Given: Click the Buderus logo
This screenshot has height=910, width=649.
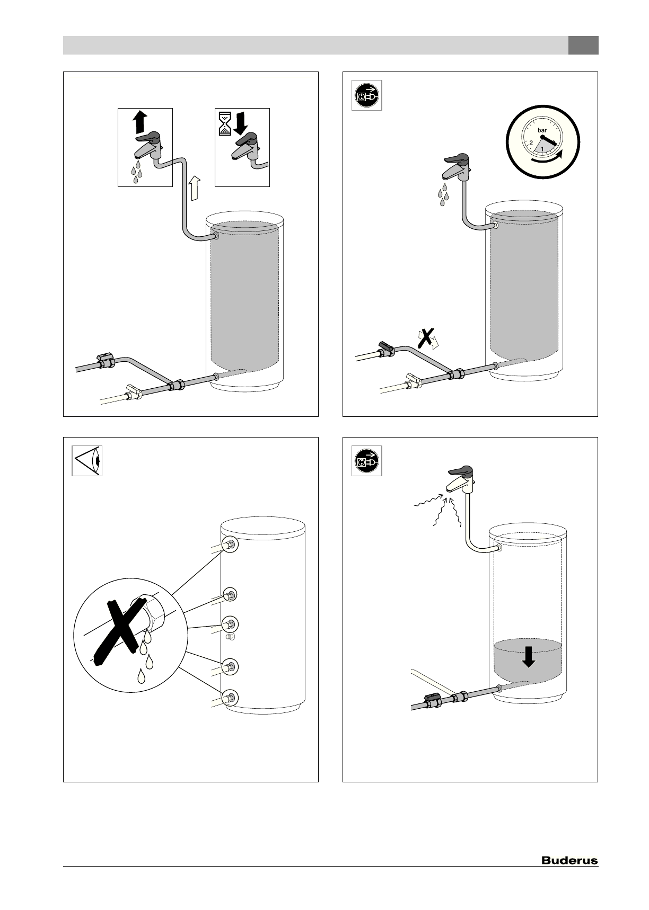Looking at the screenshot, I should coord(569,861).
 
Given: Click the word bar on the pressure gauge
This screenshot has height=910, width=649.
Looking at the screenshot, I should coord(542,130).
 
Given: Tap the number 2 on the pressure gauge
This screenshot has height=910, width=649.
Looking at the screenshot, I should coord(531,143).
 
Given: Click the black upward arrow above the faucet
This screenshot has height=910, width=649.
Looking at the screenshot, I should coord(139,122).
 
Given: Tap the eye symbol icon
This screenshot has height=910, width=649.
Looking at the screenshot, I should coord(87,461).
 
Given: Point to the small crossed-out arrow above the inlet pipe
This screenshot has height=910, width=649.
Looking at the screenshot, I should coord(428,337).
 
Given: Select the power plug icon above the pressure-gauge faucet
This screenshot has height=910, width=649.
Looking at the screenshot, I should coord(366,95).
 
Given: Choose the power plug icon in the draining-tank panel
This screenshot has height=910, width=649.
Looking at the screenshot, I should coord(366,461).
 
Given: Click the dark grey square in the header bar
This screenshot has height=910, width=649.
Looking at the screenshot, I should coord(583,45).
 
